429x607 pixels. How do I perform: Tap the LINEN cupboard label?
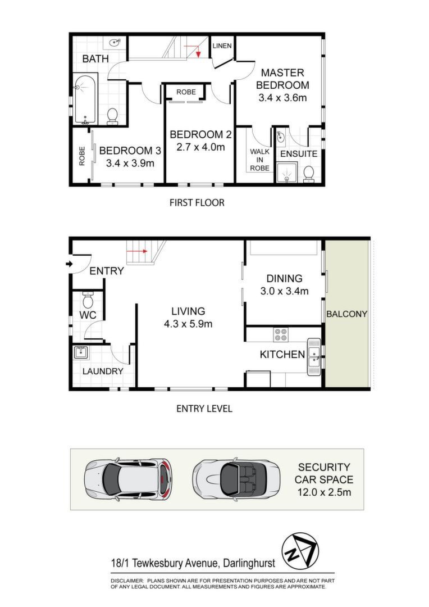click(222, 46)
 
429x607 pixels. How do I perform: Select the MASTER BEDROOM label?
click(282, 79)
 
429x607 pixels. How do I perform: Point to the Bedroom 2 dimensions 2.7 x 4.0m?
click(200, 147)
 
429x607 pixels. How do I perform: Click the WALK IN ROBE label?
click(259, 160)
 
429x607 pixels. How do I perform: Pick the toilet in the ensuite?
click(309, 174)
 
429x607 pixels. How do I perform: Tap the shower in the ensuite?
click(286, 173)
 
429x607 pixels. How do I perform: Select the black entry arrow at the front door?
click(69, 264)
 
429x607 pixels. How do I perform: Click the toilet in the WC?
click(88, 299)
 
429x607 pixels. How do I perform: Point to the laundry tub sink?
click(81, 352)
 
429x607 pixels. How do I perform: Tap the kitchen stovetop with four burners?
click(280, 334)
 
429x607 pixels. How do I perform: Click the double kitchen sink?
click(314, 356)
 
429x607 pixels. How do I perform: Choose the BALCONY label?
click(346, 314)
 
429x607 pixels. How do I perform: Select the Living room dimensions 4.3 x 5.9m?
click(188, 324)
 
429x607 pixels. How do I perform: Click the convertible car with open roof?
click(237, 479)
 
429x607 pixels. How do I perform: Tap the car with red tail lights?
click(128, 479)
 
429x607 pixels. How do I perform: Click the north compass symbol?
click(300, 551)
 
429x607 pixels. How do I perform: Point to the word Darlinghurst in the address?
click(249, 563)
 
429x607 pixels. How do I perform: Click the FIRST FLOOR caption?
click(197, 202)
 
